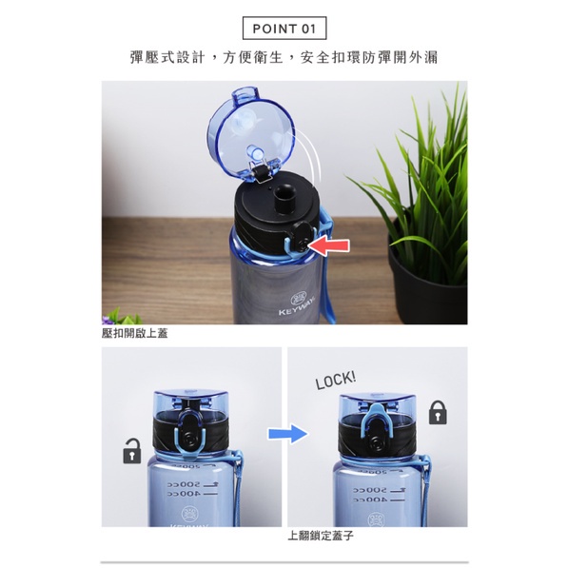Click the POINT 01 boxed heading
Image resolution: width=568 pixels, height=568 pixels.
coord(284,29)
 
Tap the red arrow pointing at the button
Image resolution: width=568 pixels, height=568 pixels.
coord(328,246)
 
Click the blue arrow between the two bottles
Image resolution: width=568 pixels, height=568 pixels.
coord(288,433)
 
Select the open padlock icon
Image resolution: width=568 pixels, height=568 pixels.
coord(132,451)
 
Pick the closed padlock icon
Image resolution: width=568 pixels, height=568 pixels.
coord(438,413)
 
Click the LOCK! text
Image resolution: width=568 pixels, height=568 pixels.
coord(336,380)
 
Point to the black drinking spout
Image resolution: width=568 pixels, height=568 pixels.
coord(284,198)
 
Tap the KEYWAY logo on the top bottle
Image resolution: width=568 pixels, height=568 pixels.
coord(297,305)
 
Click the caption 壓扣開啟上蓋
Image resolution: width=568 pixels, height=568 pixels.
coord(135,334)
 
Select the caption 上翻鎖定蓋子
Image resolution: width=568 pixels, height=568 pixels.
coord(321,536)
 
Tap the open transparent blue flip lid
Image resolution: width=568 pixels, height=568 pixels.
coord(250,134)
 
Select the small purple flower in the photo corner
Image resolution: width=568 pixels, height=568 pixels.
coord(106,320)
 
